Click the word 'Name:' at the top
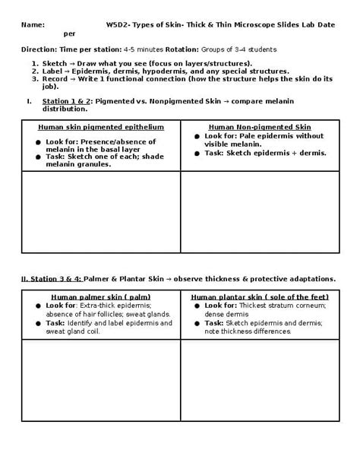tap(33, 25)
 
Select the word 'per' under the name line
tap(70, 34)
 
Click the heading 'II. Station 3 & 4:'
tap(52, 278)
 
